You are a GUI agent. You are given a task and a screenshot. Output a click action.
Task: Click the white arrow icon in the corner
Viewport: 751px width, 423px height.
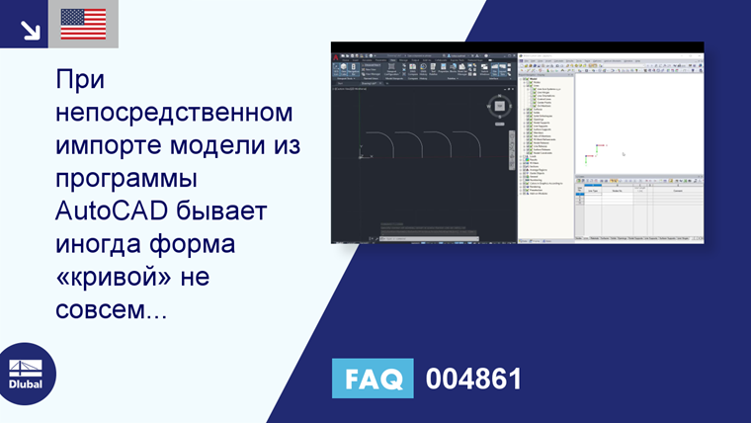click(30, 29)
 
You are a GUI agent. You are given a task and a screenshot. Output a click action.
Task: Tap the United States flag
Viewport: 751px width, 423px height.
click(83, 23)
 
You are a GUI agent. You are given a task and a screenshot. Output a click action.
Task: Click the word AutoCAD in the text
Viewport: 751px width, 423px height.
click(118, 214)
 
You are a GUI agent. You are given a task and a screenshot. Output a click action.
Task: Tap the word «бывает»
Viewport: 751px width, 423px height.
click(239, 214)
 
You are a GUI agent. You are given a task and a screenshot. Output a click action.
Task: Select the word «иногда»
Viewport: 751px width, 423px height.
click(102, 248)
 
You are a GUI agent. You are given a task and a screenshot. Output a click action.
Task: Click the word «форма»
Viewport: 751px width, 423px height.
click(209, 248)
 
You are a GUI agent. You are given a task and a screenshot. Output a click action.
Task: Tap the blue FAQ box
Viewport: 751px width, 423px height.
click(373, 379)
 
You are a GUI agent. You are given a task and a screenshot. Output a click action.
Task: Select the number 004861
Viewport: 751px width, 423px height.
click(473, 379)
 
